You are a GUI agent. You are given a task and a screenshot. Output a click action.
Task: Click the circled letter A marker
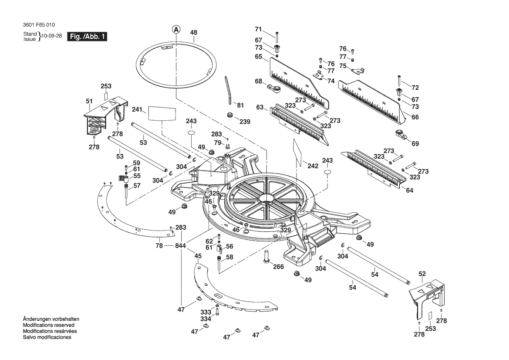pyautogui.click(x=176, y=30)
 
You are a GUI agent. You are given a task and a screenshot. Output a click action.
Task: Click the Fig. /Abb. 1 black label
pyautogui.click(x=87, y=36)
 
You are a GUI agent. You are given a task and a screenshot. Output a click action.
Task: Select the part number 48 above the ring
pyautogui.click(x=194, y=33)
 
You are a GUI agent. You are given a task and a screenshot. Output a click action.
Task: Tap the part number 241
pyautogui.click(x=137, y=109)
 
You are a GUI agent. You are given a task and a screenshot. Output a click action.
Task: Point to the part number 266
pyautogui.click(x=278, y=267)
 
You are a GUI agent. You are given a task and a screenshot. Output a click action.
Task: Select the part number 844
pyautogui.click(x=181, y=246)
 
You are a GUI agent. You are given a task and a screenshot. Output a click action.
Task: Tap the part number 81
pyautogui.click(x=240, y=105)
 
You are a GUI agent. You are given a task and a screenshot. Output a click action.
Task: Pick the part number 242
pyautogui.click(x=313, y=166)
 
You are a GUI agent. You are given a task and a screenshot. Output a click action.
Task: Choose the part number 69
pyautogui.click(x=415, y=144)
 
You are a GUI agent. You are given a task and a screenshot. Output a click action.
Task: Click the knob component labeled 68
pyautogui.click(x=273, y=87)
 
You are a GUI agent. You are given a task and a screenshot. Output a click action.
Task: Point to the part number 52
pyautogui.click(x=422, y=274)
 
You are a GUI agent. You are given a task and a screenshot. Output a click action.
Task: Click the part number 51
pyautogui.click(x=89, y=102)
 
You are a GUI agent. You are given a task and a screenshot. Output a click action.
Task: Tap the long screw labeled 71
pyautogui.click(x=276, y=37)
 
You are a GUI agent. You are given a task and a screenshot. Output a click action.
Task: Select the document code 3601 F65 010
pyautogui.click(x=39, y=25)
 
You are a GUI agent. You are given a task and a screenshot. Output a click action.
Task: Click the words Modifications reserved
pyautogui.click(x=48, y=325)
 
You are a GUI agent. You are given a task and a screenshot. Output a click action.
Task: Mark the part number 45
pyautogui.click(x=198, y=256)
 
